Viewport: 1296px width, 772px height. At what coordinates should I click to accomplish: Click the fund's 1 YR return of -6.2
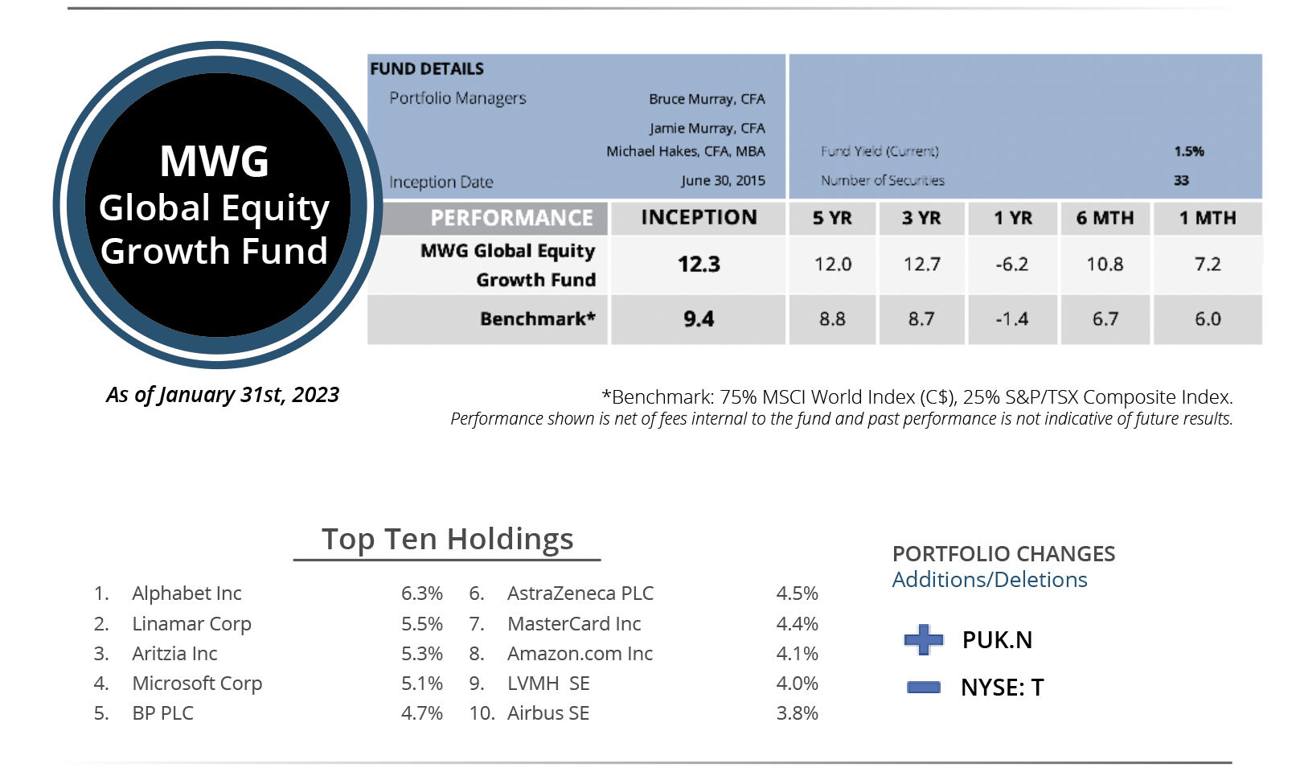click(1011, 265)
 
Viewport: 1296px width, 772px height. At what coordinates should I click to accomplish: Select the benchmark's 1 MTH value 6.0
click(1208, 319)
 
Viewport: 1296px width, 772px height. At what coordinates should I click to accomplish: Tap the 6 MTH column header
click(1105, 218)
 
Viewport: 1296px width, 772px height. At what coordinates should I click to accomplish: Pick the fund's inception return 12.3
click(699, 265)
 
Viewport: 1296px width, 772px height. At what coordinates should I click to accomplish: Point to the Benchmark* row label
click(537, 319)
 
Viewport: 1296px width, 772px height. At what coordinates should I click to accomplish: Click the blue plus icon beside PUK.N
click(923, 640)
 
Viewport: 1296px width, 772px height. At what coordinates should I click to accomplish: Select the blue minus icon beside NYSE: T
click(923, 687)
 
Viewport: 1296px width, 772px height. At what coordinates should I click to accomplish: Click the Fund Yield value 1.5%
click(1188, 151)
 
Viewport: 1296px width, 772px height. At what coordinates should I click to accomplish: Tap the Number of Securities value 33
click(1181, 180)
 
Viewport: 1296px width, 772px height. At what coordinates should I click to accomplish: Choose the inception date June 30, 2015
click(723, 180)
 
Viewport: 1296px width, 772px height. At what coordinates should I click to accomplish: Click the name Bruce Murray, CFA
click(707, 99)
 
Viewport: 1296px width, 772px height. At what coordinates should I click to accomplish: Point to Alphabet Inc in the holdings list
click(187, 593)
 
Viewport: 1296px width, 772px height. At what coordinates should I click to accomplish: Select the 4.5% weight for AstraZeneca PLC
click(797, 593)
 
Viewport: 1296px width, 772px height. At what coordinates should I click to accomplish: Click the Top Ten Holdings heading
click(447, 539)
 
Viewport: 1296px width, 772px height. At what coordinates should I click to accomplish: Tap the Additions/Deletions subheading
click(989, 580)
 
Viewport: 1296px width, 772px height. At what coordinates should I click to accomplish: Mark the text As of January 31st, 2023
click(223, 395)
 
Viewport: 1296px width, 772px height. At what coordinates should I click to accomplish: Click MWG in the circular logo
click(214, 161)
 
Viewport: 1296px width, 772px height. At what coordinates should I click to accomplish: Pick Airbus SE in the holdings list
click(548, 713)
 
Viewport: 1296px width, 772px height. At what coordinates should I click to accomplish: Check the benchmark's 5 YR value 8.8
click(832, 319)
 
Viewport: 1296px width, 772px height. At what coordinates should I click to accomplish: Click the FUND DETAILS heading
click(427, 69)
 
